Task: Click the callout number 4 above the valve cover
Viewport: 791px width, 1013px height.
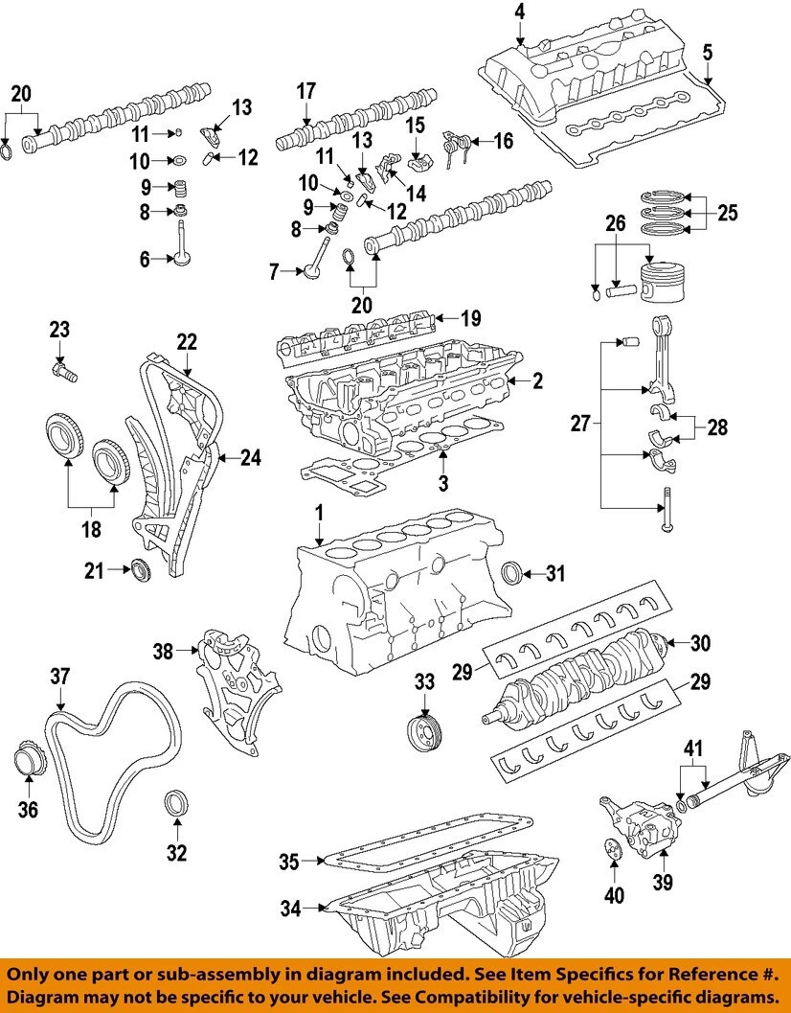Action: [519, 12]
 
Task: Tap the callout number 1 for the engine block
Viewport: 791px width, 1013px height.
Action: [318, 516]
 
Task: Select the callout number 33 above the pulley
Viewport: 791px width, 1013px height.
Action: [424, 682]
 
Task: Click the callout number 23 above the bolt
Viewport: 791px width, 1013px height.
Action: [59, 331]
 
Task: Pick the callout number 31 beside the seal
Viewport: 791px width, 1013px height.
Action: [555, 574]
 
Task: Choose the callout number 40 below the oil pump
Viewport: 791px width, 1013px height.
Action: [613, 895]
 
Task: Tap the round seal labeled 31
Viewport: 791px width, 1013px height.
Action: [515, 573]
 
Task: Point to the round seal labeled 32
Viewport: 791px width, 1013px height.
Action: [175, 803]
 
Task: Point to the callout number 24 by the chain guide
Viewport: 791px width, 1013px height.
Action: [250, 458]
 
